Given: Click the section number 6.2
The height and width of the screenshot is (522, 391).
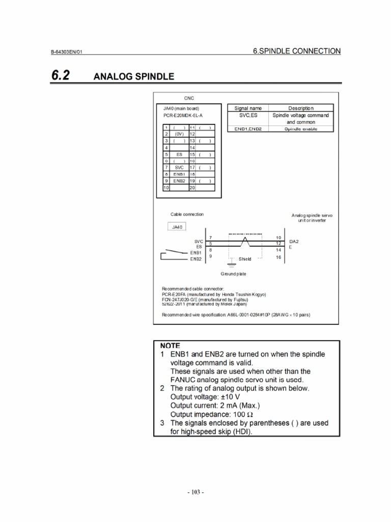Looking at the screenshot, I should [x=60, y=76].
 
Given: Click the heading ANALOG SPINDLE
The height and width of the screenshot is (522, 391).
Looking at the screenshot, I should [x=134, y=77].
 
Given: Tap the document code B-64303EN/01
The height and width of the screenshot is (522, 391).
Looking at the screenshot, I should [x=70, y=52].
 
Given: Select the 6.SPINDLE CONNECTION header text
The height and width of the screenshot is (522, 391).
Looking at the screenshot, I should [x=296, y=51].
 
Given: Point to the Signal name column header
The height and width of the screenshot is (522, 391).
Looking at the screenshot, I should [x=248, y=108].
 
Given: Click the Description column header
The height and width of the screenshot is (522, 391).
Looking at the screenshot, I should [x=301, y=108].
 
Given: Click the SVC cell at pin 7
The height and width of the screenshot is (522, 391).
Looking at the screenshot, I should [x=179, y=167].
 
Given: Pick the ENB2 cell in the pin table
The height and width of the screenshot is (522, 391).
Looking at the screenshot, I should [x=179, y=180].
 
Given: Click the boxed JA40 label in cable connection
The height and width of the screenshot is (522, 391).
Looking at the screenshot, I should [x=176, y=227].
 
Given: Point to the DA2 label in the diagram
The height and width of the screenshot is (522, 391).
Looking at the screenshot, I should [x=294, y=241].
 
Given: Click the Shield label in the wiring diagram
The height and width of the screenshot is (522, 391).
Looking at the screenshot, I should [x=245, y=259].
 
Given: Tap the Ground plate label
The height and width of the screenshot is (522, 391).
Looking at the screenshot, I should [x=234, y=274].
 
